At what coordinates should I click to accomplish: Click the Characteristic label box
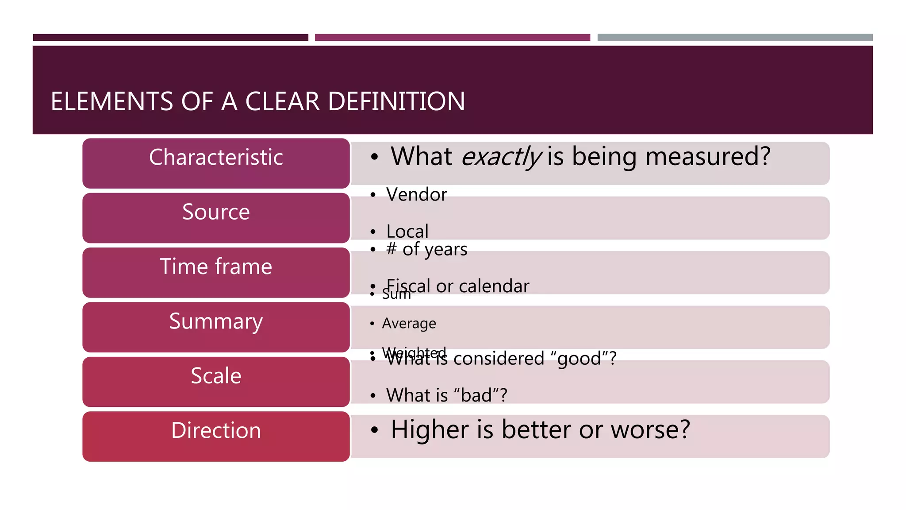click(x=216, y=162)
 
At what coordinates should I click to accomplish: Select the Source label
click(x=216, y=217)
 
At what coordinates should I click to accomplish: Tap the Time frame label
click(x=216, y=271)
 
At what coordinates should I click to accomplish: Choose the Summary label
click(x=216, y=326)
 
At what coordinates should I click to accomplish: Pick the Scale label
click(x=216, y=381)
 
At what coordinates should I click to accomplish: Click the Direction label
click(x=216, y=435)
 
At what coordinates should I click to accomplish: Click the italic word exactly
click(x=501, y=157)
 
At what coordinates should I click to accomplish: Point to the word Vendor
click(x=416, y=195)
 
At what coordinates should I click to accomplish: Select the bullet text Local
click(x=407, y=232)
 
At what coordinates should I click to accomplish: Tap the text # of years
click(x=426, y=249)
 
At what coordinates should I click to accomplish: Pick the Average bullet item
click(x=409, y=324)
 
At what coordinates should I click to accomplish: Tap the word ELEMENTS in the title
click(x=111, y=101)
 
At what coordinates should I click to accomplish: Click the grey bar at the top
click(x=735, y=38)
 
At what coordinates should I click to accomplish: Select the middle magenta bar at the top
click(x=452, y=38)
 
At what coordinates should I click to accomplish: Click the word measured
click(x=708, y=157)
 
